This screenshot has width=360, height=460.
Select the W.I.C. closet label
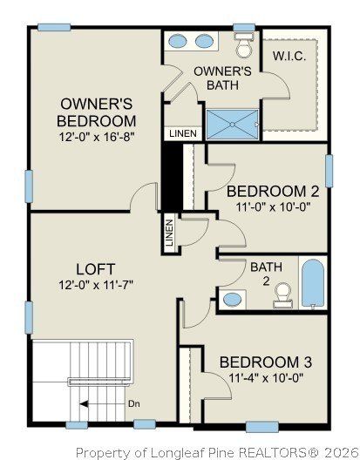pyautogui.click(x=288, y=55)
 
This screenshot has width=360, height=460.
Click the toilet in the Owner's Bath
pyautogui.click(x=243, y=42)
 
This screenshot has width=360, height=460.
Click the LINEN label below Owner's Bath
pyautogui.click(x=182, y=133)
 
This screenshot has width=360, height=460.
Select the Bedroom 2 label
pyautogui.click(x=267, y=192)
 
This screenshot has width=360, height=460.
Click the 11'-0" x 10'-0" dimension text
pyautogui.click(x=267, y=208)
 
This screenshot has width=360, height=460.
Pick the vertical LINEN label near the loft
pyautogui.click(x=169, y=233)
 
